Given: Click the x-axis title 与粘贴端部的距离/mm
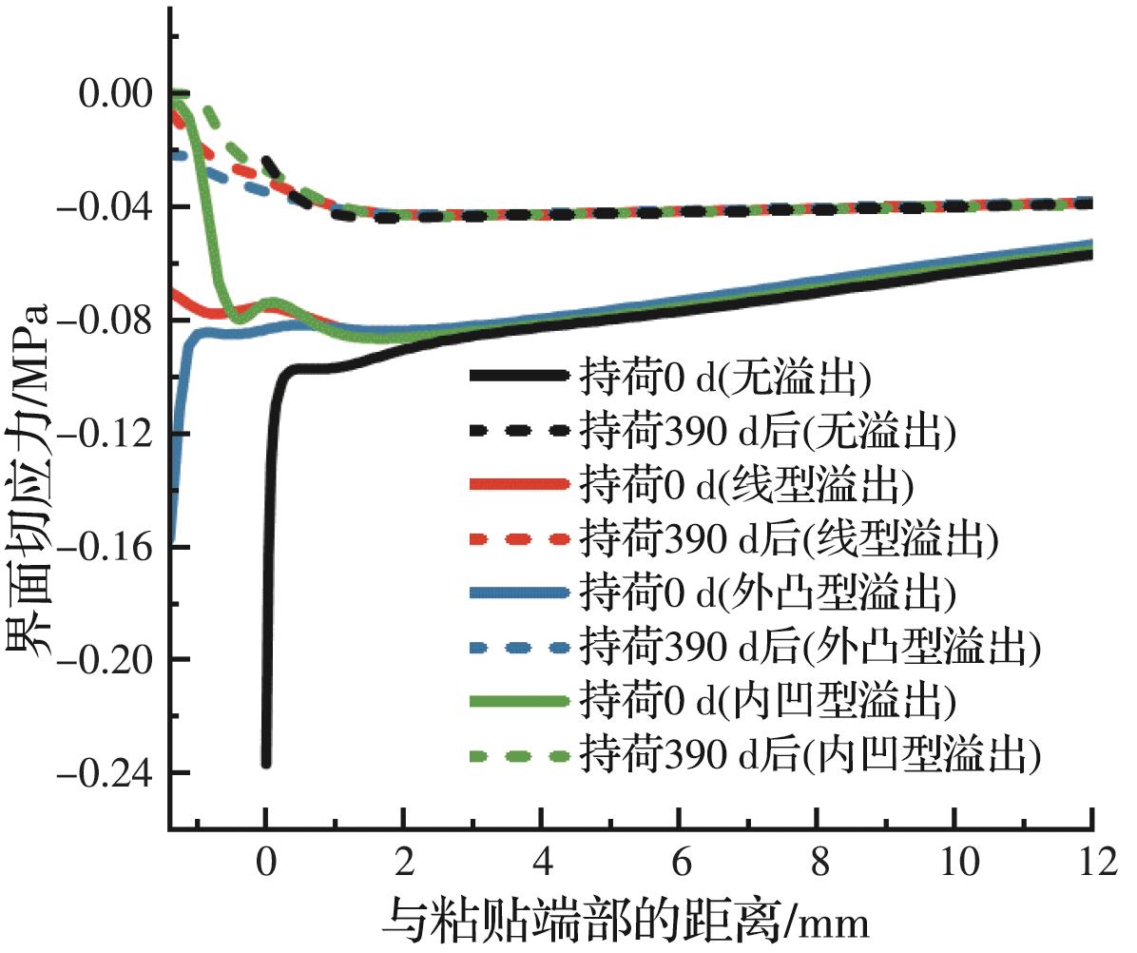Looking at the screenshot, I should (x=627, y=920).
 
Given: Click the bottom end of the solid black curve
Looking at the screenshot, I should (x=266, y=763).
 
